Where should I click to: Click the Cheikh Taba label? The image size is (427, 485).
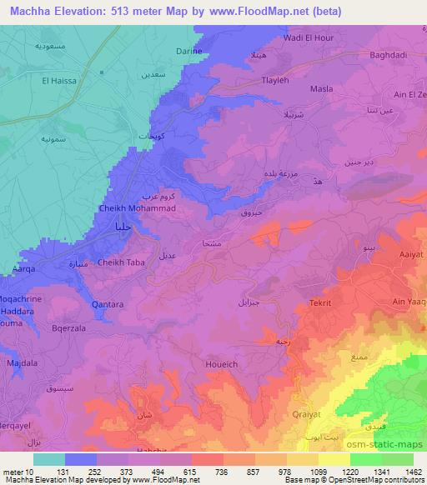tap(122, 262)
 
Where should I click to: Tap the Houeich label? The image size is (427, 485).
tap(221, 364)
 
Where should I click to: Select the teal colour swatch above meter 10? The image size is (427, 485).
tap(48, 459)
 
